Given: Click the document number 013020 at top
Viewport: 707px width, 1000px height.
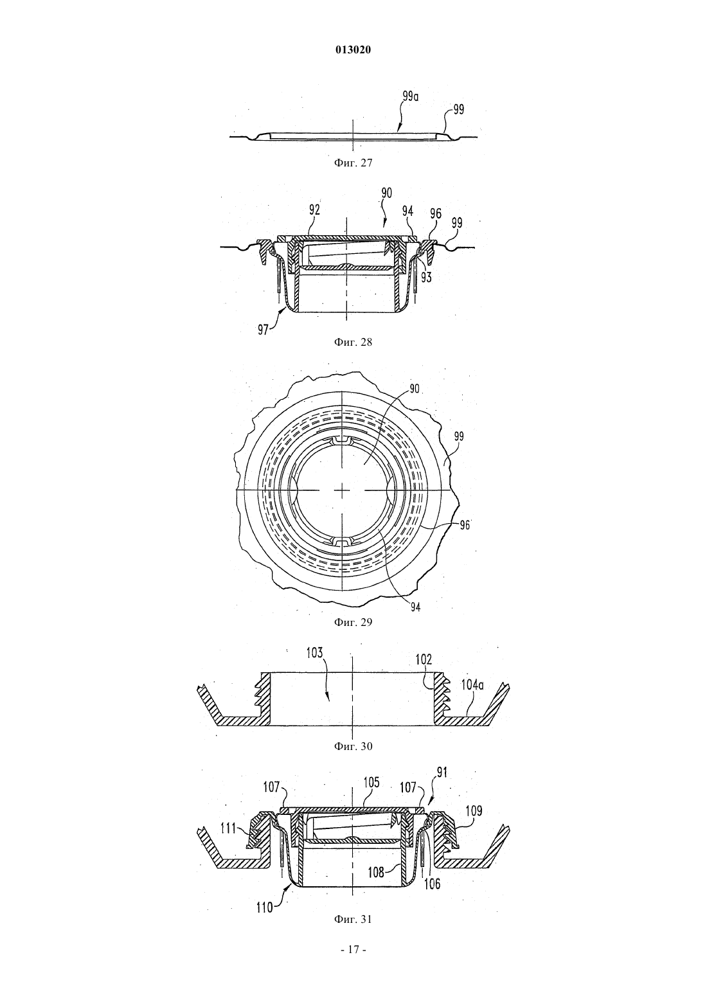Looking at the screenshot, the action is pos(353,50).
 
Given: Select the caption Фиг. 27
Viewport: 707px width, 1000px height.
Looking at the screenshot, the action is pos(353,163).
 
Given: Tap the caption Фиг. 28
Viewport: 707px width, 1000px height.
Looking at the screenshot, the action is pos(353,343).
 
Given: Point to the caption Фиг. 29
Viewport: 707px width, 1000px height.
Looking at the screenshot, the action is pos(353,623).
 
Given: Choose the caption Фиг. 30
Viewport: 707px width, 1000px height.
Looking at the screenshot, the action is pos(353,746).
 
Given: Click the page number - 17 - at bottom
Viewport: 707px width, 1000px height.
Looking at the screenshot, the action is pos(353,950).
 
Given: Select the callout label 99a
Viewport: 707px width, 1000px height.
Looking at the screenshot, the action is pos(411,96).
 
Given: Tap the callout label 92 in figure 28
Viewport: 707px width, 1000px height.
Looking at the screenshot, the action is pos(314,210).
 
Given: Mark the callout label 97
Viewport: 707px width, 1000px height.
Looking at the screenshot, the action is pos(263,330).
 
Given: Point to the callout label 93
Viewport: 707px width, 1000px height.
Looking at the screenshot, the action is pos(426,277).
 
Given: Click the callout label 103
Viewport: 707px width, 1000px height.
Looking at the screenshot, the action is pos(315,653).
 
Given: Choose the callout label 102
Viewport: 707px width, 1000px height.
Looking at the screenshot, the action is pos(424,659).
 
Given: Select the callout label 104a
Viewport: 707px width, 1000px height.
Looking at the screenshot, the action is pos(472,685).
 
